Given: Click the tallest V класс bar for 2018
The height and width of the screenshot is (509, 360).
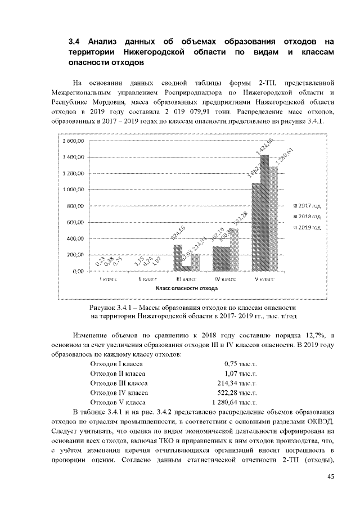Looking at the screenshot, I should pyautogui.click(x=264, y=214).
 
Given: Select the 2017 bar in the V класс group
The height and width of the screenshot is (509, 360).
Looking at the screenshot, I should pyautogui.click(x=256, y=227).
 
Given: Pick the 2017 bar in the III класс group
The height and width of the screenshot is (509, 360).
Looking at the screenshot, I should pyautogui.click(x=178, y=258).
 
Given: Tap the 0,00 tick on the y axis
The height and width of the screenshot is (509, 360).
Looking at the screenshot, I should pyautogui.click(x=78, y=271).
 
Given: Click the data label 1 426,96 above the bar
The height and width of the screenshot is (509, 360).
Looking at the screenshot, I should pyautogui.click(x=264, y=146).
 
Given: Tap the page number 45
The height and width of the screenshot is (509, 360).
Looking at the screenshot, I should pyautogui.click(x=331, y=477).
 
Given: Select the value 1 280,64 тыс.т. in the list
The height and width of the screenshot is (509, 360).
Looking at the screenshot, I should pyautogui.click(x=234, y=403).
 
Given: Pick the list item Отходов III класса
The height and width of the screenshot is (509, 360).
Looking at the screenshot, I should pyautogui.click(x=119, y=383).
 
